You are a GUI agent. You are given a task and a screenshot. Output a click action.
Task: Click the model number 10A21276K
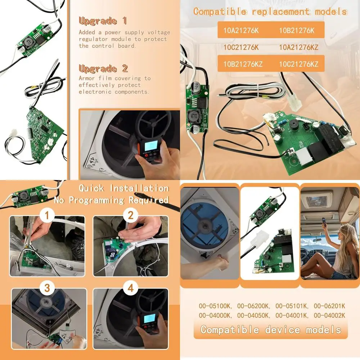pyautogui.click(x=241, y=31)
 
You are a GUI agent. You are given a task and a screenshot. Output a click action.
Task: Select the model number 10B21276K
pyautogui.click(x=297, y=31)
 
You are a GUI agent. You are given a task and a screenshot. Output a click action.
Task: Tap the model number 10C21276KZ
pyautogui.click(x=299, y=64)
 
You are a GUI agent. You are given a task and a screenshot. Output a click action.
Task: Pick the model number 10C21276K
pyautogui.click(x=241, y=47)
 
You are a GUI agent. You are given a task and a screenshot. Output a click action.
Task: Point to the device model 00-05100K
pyautogui.click(x=216, y=306)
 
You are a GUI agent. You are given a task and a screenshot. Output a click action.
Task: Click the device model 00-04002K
pyautogui.click(x=329, y=315)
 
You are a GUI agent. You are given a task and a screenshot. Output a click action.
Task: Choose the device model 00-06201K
pyautogui.click(x=329, y=306)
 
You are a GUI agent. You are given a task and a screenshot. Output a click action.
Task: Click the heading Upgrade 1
pyautogui.click(x=103, y=21)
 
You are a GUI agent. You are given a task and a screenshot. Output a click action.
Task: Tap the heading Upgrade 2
pyautogui.click(x=103, y=68)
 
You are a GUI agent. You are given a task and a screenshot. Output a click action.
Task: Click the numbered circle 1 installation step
pyautogui.click(x=47, y=215)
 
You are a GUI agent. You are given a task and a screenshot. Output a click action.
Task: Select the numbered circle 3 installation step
pyautogui.click(x=47, y=288)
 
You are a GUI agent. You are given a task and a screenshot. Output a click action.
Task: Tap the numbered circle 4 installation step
pyautogui.click(x=131, y=288)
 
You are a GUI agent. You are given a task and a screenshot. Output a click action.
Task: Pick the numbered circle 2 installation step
pyautogui.click(x=131, y=215)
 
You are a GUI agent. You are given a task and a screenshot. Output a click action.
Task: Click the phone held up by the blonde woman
pyautogui.click(x=324, y=221)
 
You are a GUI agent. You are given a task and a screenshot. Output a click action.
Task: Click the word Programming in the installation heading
pyautogui.click(x=96, y=200)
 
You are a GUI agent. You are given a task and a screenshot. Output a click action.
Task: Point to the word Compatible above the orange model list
pyautogui.click(x=220, y=12)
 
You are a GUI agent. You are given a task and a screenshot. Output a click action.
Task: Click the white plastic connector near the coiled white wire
pyautogui.click(x=294, y=104)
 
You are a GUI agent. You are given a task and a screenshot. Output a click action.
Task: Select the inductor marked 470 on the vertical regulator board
pyautogui.click(x=194, y=116)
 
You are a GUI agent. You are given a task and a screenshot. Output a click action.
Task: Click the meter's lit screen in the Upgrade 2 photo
pyautogui.click(x=150, y=145)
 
